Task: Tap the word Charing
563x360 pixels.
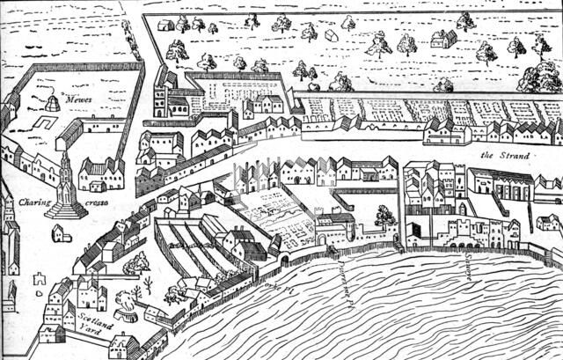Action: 33,202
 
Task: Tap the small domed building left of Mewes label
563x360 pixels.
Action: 52,104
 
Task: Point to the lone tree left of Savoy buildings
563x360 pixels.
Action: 384,214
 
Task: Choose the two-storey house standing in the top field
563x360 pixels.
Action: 442,38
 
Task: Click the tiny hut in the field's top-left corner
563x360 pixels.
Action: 165,25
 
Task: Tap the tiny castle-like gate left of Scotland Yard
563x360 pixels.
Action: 39,279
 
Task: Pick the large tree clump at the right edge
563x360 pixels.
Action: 539,77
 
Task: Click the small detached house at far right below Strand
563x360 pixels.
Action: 547,222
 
